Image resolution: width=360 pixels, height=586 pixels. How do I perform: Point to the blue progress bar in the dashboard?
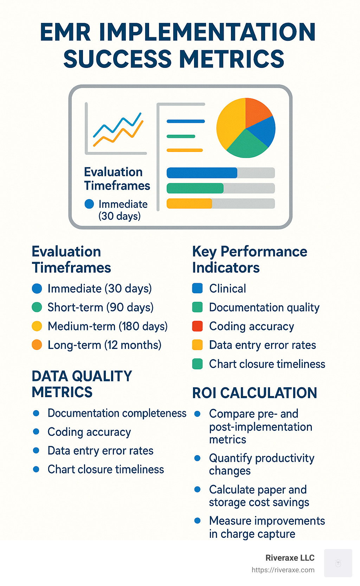(x=202, y=173)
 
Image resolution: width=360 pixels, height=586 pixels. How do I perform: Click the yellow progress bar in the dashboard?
(x=189, y=204)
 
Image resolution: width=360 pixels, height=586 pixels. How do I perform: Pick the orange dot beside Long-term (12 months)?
(x=37, y=345)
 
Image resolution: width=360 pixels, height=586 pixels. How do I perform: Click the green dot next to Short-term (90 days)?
(x=37, y=307)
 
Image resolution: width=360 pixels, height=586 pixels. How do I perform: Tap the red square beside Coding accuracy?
(x=197, y=326)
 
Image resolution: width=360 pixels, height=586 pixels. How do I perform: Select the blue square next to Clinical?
(x=197, y=288)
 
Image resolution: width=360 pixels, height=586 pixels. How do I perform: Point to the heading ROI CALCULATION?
(x=255, y=393)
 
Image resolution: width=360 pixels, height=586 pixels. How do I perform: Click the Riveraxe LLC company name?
(x=290, y=558)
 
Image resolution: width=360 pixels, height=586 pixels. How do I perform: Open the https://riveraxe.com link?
(x=283, y=570)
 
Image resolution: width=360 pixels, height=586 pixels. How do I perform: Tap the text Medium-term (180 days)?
(x=108, y=326)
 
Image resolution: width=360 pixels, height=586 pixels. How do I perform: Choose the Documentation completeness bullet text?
(x=117, y=413)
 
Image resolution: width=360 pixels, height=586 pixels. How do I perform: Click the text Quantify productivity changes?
(x=261, y=464)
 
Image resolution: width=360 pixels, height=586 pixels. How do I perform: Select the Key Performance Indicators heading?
(x=250, y=260)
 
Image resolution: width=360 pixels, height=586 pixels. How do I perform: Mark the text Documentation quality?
(x=264, y=307)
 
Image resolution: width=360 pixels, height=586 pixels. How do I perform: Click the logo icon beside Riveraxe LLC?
(x=338, y=563)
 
